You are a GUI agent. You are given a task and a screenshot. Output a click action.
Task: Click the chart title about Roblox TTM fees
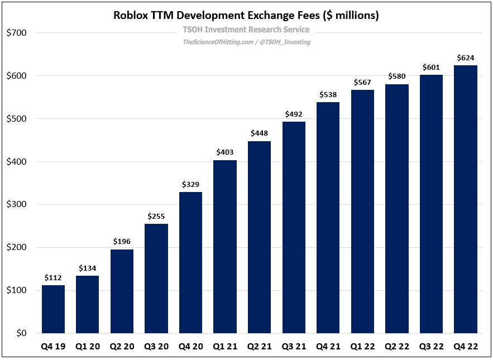[246, 16]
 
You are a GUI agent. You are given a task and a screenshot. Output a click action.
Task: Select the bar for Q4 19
[53, 309]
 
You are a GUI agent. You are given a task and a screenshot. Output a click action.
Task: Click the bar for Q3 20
[156, 279]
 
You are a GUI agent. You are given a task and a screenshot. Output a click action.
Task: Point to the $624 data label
[465, 57]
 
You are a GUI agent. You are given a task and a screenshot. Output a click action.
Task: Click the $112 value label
[53, 277]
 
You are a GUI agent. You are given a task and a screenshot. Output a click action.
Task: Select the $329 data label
[190, 184]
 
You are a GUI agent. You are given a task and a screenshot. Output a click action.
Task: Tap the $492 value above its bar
[294, 114]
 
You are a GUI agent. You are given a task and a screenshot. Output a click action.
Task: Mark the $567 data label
[362, 82]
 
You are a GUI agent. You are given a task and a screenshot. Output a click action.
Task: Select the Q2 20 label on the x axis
[122, 347]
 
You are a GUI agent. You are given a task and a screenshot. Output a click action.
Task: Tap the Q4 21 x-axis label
[328, 347]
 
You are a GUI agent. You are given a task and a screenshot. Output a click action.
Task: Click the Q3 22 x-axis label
[431, 347]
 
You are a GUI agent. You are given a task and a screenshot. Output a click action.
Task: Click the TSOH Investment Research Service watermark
[246, 30]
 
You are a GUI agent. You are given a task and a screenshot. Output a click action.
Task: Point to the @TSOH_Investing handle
[285, 42]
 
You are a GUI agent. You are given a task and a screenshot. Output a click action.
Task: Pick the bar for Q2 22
[396, 209]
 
